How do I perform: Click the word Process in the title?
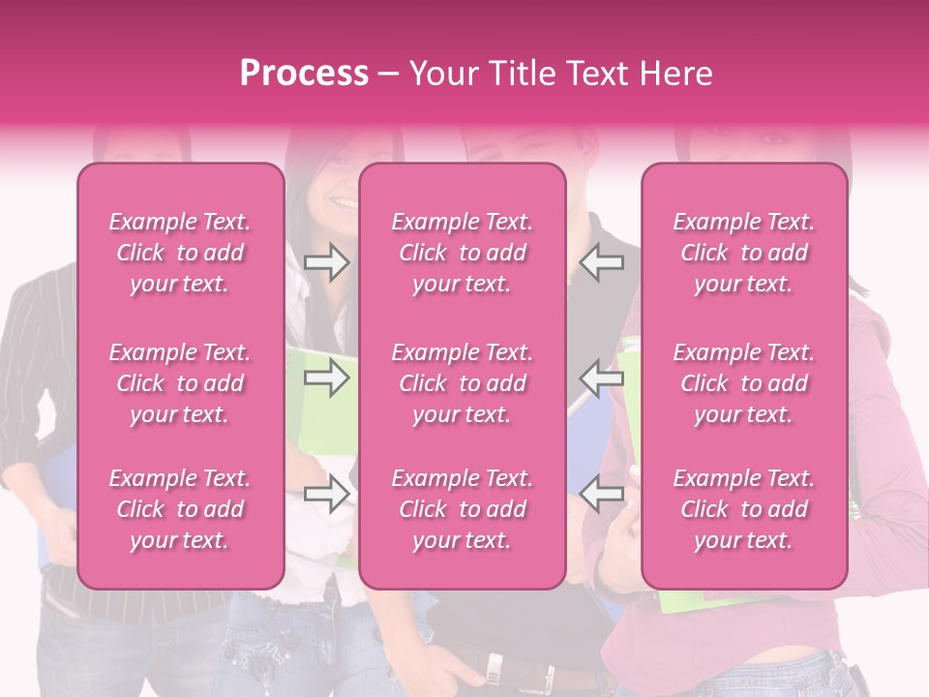[x=304, y=74]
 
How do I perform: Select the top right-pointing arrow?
[x=326, y=262]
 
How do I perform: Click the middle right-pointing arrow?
[x=326, y=378]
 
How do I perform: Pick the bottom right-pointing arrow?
[x=326, y=494]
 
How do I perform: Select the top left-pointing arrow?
[x=602, y=262]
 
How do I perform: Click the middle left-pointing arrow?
[x=602, y=378]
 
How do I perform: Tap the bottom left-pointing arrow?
[x=602, y=494]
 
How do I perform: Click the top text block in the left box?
[x=180, y=253]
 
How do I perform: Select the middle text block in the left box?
[x=180, y=383]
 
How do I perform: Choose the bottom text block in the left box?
[x=180, y=509]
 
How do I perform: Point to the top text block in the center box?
[x=462, y=253]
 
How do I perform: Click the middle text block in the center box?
[x=462, y=383]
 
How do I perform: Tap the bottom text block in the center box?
[x=462, y=509]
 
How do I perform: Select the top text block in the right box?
[x=743, y=253]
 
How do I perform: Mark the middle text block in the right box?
[x=743, y=383]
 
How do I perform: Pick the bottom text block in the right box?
[x=743, y=509]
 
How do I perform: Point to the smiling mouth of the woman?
[x=343, y=202]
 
